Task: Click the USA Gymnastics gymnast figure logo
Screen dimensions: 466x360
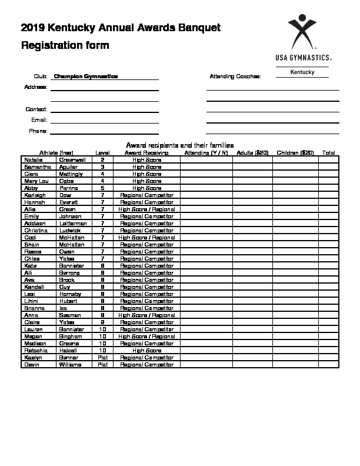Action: click(x=302, y=32)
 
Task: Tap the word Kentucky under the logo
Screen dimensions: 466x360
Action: click(x=302, y=72)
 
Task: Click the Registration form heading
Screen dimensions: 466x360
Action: click(x=65, y=45)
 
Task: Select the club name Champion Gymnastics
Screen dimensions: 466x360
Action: click(x=86, y=76)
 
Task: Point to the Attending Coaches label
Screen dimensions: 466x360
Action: click(x=235, y=76)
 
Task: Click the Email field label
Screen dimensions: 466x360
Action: click(x=39, y=120)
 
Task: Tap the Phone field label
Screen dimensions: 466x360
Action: click(x=38, y=131)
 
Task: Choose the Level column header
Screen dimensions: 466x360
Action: click(x=102, y=153)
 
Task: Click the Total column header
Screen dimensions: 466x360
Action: click(x=329, y=153)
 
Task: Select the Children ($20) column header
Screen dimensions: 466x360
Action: click(x=295, y=153)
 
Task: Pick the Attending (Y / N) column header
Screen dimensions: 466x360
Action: click(x=206, y=153)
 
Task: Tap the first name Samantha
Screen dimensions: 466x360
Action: click(x=36, y=167)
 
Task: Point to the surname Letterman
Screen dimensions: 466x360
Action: click(x=73, y=224)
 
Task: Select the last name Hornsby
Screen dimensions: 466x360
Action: click(x=71, y=294)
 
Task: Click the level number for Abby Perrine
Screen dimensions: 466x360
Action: click(x=102, y=188)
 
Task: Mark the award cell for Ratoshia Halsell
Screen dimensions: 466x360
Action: click(x=146, y=350)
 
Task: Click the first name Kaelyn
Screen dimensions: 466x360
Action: click(x=33, y=357)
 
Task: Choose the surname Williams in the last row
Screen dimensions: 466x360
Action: click(x=71, y=364)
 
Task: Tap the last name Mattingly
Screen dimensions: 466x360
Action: click(x=71, y=174)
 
